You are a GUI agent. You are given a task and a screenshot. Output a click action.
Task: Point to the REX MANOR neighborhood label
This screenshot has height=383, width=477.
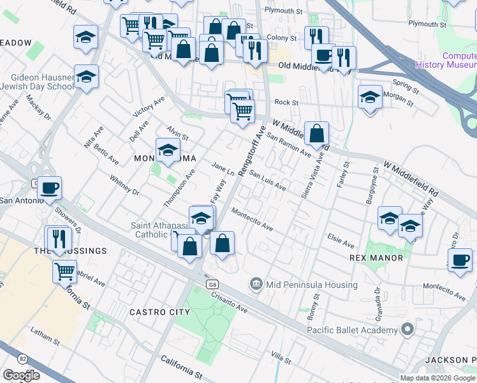pos(376,258)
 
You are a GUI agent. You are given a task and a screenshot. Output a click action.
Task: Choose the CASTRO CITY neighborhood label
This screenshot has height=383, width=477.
pos(159,312)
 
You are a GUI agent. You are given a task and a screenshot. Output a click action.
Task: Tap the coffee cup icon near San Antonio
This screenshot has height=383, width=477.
pos(50,188)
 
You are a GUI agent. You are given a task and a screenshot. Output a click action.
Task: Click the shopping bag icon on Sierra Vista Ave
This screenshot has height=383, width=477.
pos(316,134)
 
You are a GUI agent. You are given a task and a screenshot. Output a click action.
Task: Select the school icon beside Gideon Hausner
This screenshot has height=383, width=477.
pos(86,77)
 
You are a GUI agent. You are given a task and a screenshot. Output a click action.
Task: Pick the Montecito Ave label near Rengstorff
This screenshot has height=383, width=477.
pos(252,220)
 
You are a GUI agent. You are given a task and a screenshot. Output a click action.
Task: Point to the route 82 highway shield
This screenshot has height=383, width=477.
pos(23,359)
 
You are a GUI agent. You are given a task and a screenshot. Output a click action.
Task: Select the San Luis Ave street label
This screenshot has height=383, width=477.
pos(267,179)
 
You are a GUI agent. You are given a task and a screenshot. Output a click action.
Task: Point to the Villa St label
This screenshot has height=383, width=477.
pos(281,354)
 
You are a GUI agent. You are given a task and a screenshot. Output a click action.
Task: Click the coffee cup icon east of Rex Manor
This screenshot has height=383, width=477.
pos(460,260)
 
